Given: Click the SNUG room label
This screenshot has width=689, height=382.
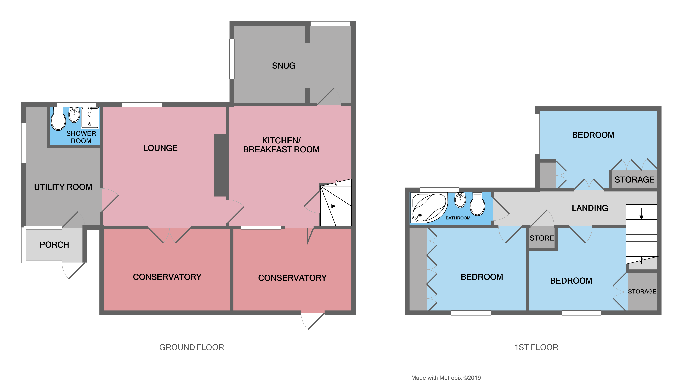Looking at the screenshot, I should click(284, 66).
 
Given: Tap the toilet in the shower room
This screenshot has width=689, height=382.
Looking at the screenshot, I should click(58, 120).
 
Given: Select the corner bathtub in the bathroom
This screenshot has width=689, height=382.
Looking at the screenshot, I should click(429, 208).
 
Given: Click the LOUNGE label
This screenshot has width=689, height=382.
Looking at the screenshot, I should click(160, 148).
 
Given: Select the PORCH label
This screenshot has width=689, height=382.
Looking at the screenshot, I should click(54, 245).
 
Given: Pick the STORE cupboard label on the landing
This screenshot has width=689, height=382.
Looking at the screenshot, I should click(542, 238).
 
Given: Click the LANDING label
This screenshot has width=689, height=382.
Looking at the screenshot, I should click(590, 208).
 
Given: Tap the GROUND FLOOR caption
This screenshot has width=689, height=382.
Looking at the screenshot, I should click(191, 347).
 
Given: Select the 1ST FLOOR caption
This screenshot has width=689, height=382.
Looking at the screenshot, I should click(536, 347).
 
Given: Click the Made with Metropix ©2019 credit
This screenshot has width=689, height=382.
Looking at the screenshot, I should click(446, 378).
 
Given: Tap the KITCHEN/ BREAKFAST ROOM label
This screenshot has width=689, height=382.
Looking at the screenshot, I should click(281, 145).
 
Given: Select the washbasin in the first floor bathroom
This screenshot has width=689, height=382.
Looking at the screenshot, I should click(460, 200).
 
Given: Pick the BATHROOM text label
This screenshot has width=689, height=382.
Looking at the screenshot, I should click(458, 218).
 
